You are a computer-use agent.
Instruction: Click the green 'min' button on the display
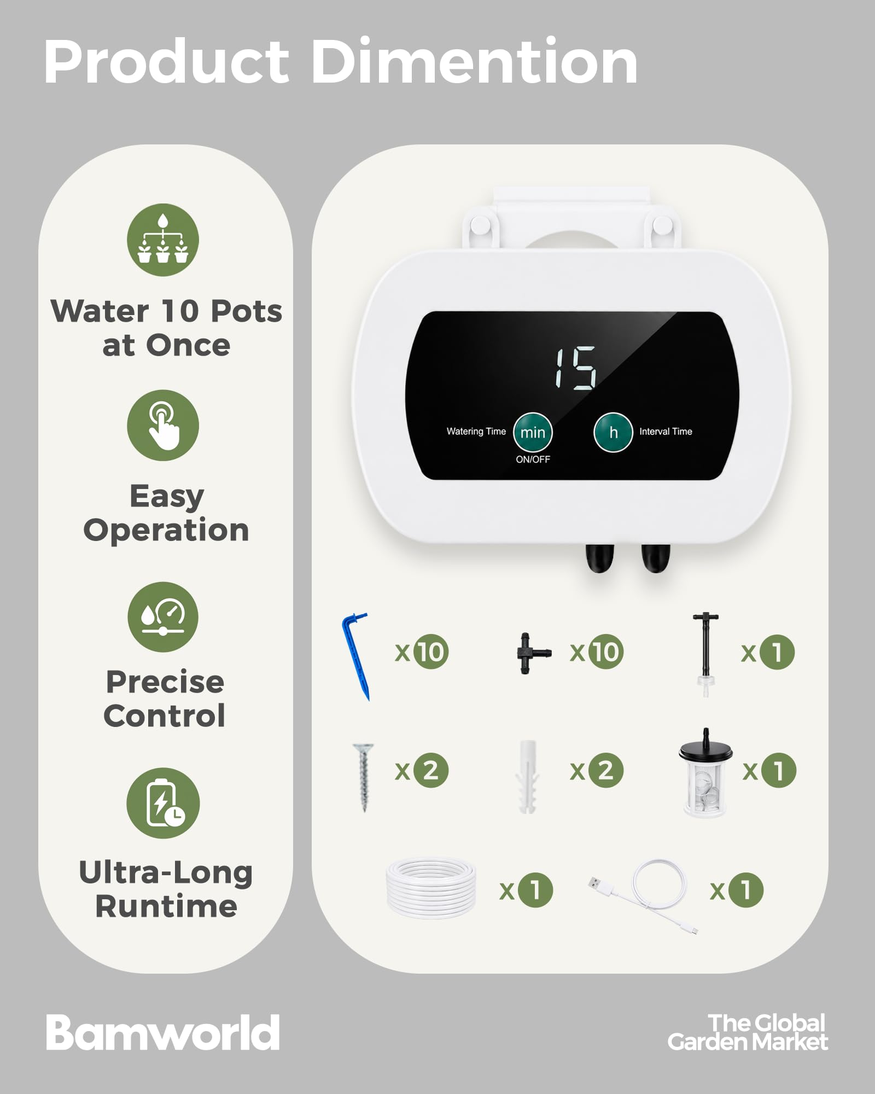pyautogui.click(x=533, y=432)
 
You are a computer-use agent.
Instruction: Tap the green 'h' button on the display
pyautogui.click(x=614, y=432)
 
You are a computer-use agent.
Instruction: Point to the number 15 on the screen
pyautogui.click(x=575, y=368)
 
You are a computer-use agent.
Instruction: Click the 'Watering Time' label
pyautogui.click(x=476, y=431)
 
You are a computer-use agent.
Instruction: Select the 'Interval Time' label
pyautogui.click(x=666, y=432)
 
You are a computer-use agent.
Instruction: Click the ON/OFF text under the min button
pyautogui.click(x=533, y=459)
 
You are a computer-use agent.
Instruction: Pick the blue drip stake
pyautogui.click(x=356, y=656)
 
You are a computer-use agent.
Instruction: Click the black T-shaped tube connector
pyautogui.click(x=533, y=653)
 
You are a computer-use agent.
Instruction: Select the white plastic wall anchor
pyautogui.click(x=527, y=777)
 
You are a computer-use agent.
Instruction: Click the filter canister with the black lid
pyautogui.click(x=705, y=773)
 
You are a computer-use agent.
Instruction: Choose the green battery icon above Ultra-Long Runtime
pyautogui.click(x=163, y=803)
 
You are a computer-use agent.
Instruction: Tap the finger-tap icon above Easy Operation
pyautogui.click(x=163, y=426)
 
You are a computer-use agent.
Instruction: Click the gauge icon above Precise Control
pyautogui.click(x=163, y=616)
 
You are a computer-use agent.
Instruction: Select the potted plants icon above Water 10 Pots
pyautogui.click(x=163, y=240)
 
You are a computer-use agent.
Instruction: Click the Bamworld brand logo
pyautogui.click(x=162, y=1033)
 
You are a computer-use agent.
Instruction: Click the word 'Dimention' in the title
pyautogui.click(x=475, y=61)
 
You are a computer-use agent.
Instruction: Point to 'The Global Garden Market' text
pyautogui.click(x=748, y=1033)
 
